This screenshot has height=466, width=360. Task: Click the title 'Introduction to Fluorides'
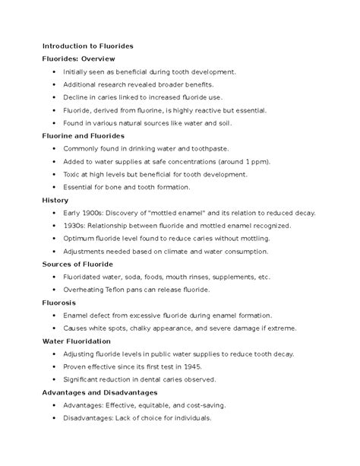pos(88,46)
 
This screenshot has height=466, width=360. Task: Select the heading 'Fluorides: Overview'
pos(78,59)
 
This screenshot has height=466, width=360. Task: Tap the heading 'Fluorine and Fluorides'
pos(82,135)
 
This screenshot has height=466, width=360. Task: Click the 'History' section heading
pos(55,200)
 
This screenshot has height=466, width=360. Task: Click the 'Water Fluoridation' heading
pos(77,341)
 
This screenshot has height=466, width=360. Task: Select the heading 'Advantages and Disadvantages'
pos(99,392)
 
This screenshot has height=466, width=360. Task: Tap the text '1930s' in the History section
pos(75,226)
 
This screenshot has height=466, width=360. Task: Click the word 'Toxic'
pos(72,174)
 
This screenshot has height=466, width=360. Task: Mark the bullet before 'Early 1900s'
pos(54,213)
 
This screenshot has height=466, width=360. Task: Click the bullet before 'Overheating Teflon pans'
pos(54,290)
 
